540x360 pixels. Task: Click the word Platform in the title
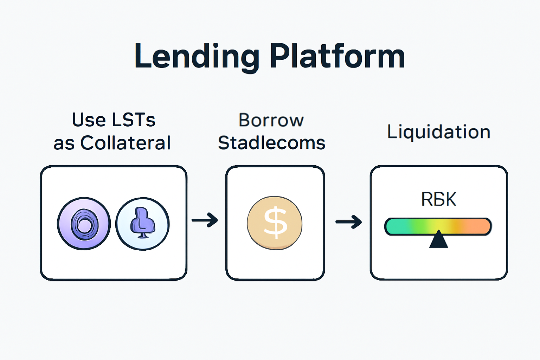[x=337, y=56]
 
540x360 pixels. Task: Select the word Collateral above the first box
[x=126, y=143]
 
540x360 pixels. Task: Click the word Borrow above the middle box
[x=271, y=120]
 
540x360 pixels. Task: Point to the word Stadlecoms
[x=271, y=143]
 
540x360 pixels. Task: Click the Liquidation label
[x=439, y=132]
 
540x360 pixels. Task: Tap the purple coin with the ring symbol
[x=84, y=224]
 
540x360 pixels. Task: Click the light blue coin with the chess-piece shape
[x=142, y=224]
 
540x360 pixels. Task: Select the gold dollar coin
[x=275, y=223]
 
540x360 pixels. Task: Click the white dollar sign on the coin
[x=275, y=222]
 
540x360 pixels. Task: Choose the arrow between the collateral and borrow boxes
[x=205, y=220]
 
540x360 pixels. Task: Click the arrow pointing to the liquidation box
[x=349, y=222]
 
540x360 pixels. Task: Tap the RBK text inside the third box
[x=438, y=199]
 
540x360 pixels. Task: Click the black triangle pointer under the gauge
[x=438, y=240]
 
